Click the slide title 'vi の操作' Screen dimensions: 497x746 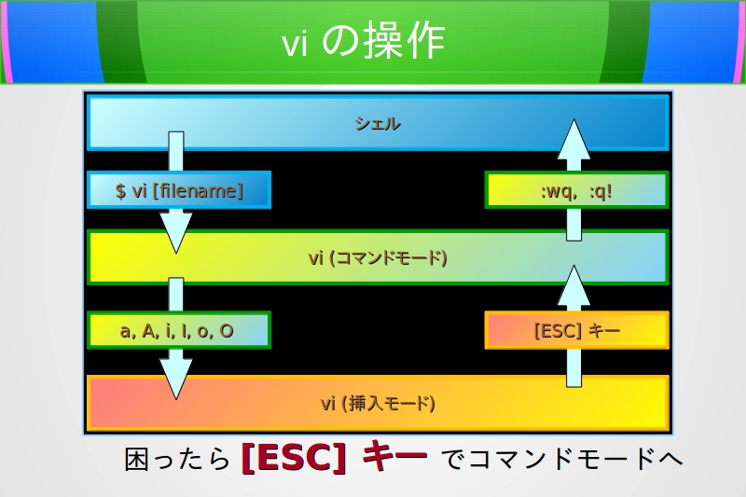tap(363, 43)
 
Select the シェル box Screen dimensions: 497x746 tap(378, 123)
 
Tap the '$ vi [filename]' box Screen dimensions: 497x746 tap(179, 191)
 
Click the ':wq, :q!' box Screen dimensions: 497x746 tap(576, 191)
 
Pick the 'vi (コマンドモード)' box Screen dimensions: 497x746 tap(378, 257)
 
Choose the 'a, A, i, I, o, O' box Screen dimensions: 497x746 tap(179, 331)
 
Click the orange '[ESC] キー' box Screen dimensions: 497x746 tap(576, 331)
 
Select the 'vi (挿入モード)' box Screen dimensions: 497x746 tap(378, 404)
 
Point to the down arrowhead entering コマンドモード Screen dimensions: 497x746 tap(175, 232)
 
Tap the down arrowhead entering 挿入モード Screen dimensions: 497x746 tap(175, 379)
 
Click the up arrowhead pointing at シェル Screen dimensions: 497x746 tap(575, 140)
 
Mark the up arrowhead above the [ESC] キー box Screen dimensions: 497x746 tap(575, 285)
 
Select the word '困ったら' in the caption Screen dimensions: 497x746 tap(177, 459)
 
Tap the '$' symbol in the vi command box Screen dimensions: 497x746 tap(120, 191)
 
